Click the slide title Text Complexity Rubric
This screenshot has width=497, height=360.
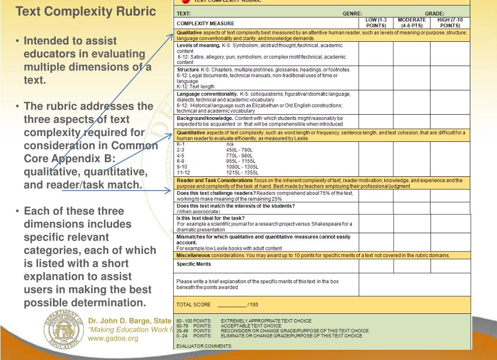click(x=86, y=11)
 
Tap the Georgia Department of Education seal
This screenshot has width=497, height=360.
click(x=64, y=328)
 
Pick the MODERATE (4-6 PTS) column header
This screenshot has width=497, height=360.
click(x=412, y=22)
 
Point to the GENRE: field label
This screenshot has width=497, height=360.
click(x=352, y=14)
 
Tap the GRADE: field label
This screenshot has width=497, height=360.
click(x=434, y=14)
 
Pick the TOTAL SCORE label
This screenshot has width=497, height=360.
click(x=194, y=305)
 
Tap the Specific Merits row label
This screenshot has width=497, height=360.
click(x=194, y=264)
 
